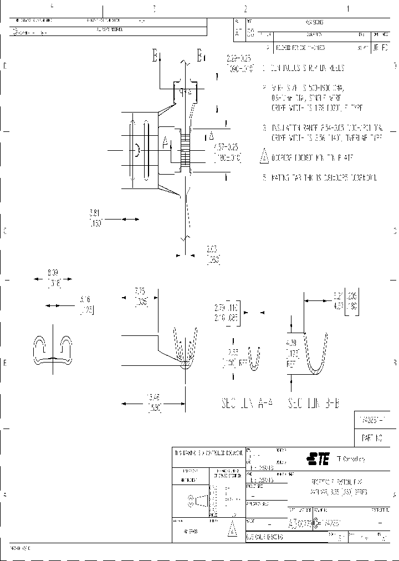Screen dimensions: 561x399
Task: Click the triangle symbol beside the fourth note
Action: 264,157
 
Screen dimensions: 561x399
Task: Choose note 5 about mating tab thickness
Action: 320,178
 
